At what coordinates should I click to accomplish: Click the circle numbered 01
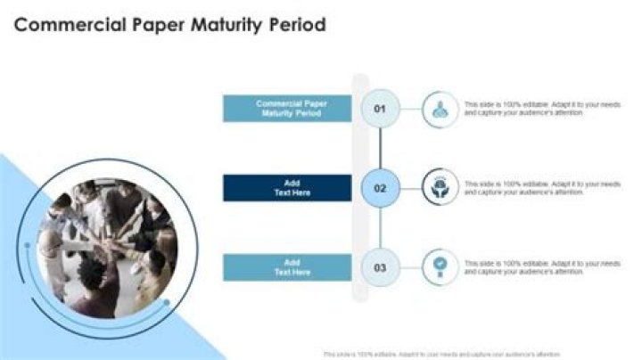tap(380, 109)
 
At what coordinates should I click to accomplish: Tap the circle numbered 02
tap(380, 188)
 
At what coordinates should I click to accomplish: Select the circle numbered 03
tap(380, 266)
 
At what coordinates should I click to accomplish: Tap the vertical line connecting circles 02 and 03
tap(380, 227)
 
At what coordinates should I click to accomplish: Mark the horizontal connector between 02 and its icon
tap(408, 188)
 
